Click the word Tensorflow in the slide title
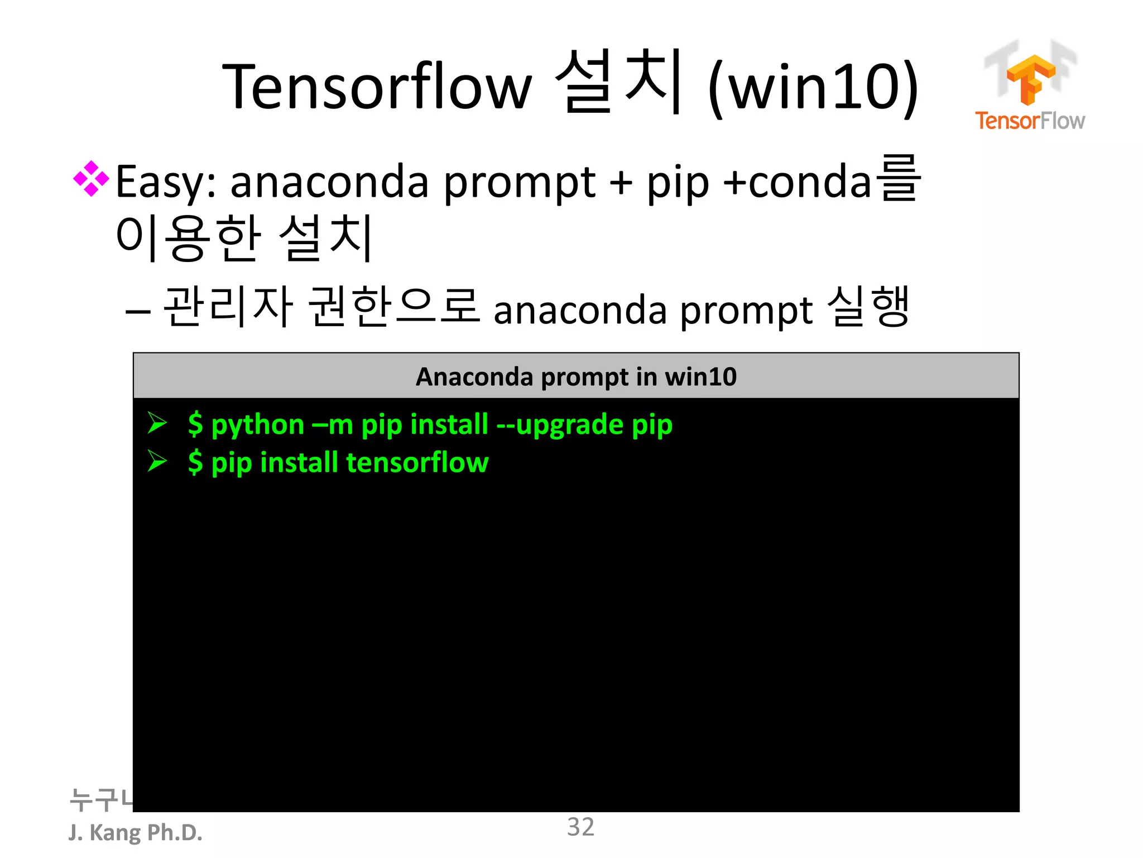pyautogui.click(x=377, y=87)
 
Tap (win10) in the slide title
pyautogui.click(x=813, y=87)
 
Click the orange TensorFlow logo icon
pyautogui.click(x=1030, y=78)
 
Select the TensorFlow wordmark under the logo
pyautogui.click(x=1030, y=121)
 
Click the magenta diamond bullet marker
pyautogui.click(x=91, y=179)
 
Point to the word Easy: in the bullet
pyautogui.click(x=166, y=182)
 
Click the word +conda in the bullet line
pyautogui.click(x=797, y=182)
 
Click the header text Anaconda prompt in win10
pyautogui.click(x=576, y=376)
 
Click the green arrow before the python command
pyautogui.click(x=157, y=423)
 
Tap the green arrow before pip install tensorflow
pyautogui.click(x=157, y=461)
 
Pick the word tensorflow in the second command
pyautogui.click(x=417, y=463)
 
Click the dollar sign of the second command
pyautogui.click(x=195, y=463)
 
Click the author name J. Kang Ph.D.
pyautogui.click(x=135, y=832)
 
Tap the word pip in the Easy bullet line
pyautogui.click(x=678, y=183)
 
